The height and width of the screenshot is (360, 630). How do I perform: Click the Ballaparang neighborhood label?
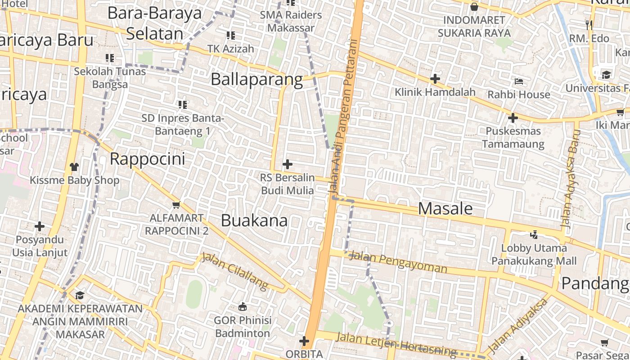tap(256, 80)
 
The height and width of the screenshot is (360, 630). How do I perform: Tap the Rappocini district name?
tap(147, 159)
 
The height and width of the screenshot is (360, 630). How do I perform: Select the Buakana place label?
tap(254, 220)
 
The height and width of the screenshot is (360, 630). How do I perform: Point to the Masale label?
tap(445, 208)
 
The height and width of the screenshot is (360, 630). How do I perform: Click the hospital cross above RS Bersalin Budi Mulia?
tap(287, 164)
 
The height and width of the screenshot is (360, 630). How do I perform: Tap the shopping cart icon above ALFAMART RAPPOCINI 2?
tap(176, 205)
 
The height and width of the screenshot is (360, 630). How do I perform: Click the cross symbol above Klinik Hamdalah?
tap(435, 79)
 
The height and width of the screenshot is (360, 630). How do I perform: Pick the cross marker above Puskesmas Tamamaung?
tap(513, 118)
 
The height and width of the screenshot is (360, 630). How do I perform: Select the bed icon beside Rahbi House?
tap(519, 81)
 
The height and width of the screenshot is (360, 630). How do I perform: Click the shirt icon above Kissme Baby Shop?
tap(74, 167)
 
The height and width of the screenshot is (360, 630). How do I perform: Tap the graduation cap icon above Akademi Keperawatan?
tap(80, 295)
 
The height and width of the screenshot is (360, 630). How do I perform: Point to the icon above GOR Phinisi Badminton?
tap(243, 307)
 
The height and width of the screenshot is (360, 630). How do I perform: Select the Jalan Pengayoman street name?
tap(398, 263)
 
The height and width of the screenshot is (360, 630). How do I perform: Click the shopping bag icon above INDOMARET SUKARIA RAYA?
tap(474, 7)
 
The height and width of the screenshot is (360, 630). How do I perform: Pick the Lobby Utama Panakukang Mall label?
tap(534, 254)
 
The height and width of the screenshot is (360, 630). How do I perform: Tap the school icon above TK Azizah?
tap(231, 35)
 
